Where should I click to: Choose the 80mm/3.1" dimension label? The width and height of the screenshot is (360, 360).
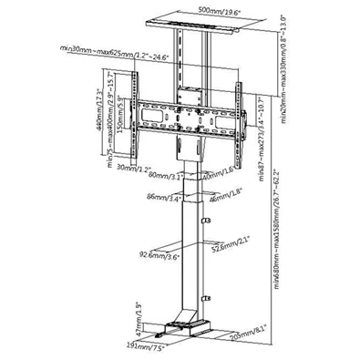click(x=164, y=170)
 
